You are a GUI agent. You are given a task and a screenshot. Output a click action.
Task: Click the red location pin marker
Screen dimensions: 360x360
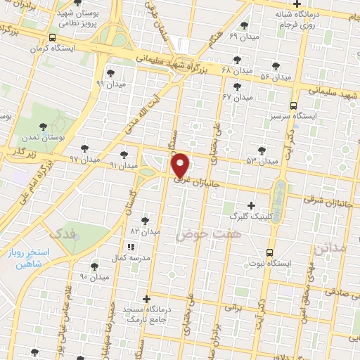181,165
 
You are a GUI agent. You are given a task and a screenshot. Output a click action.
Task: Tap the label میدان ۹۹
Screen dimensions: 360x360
110,83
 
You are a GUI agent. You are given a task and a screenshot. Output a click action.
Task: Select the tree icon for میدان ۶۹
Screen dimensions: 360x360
243,25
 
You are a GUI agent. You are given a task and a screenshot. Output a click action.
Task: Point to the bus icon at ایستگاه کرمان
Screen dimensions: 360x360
53,38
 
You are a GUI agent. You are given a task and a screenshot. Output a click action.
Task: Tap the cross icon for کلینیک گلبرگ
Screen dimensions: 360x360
251,205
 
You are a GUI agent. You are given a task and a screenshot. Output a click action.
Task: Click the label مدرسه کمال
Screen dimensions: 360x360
130,257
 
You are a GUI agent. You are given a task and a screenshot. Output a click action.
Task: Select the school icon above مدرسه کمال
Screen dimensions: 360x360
130,247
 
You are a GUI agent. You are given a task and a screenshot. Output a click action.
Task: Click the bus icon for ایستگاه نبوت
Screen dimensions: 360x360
269,252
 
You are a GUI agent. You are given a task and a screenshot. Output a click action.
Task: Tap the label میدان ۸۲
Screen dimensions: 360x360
146,231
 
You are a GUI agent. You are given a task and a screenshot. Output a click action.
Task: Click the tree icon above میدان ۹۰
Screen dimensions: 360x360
94,266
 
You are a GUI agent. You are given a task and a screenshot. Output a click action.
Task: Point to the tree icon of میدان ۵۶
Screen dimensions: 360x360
264,66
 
